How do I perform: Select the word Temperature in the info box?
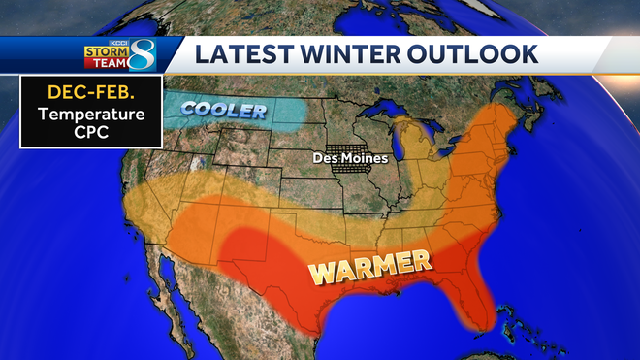pyautogui.click(x=83, y=115)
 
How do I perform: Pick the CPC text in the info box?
pyautogui.click(x=83, y=134)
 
